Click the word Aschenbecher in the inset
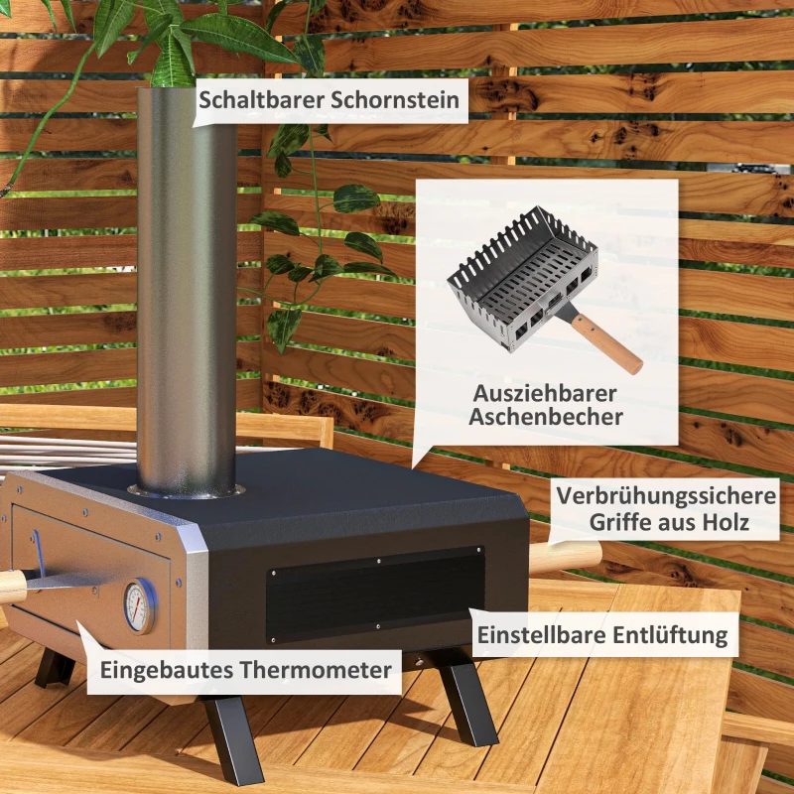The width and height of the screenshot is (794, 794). click(x=546, y=417)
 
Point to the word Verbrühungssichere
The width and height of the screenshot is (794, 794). click(x=666, y=495)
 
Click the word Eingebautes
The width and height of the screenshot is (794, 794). click(x=165, y=670)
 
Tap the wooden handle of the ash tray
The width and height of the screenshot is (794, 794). click(x=609, y=342)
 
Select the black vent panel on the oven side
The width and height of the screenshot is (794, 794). click(x=374, y=593)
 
